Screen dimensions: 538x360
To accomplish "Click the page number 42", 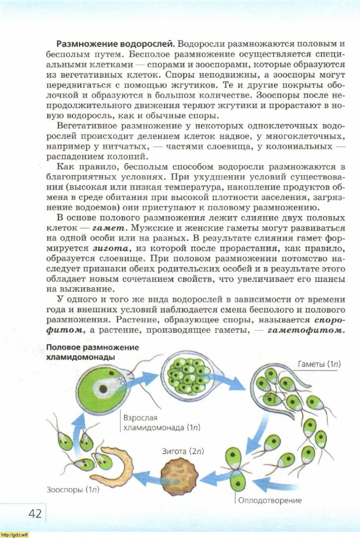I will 35,513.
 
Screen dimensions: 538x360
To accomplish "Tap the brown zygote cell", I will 178,473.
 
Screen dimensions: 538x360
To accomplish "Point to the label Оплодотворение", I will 270,500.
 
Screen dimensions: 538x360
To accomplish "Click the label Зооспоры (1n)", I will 72,490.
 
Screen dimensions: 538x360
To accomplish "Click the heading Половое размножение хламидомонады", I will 93,352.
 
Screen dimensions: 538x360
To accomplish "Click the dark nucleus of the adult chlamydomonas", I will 103,388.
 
